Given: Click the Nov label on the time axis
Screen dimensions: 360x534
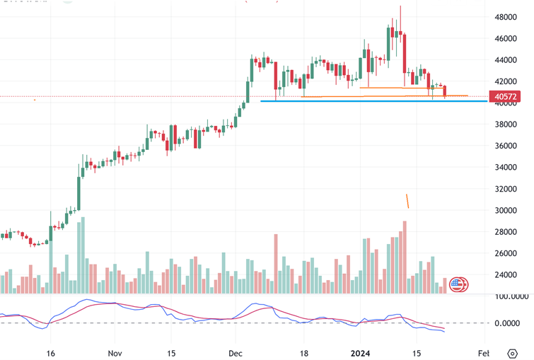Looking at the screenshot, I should [114, 352].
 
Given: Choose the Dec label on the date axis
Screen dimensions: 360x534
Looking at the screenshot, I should [235, 352].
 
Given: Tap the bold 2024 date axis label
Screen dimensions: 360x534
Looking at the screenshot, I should [360, 352].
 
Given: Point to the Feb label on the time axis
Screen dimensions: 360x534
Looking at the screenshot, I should [484, 352].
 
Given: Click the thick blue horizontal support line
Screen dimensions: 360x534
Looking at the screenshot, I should [354, 101].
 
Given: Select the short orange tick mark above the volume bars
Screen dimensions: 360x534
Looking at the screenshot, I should [407, 201].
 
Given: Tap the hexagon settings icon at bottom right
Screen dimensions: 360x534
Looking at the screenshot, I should [512, 352].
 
